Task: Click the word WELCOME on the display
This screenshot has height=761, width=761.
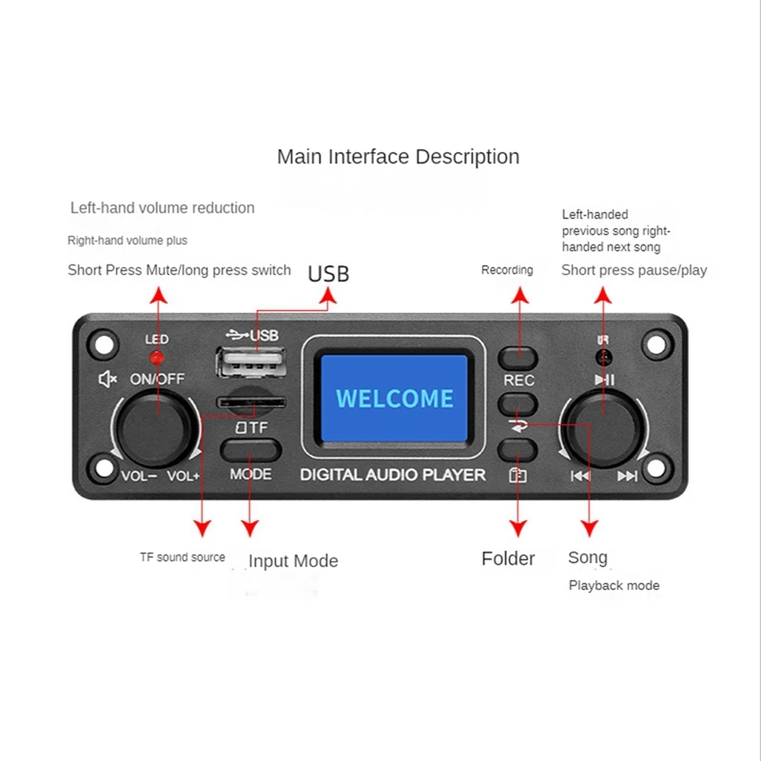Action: click(395, 398)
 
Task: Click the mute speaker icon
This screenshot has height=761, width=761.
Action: click(107, 379)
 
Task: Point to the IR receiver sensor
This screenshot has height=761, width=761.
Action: click(602, 358)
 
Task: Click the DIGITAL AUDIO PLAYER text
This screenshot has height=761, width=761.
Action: click(393, 474)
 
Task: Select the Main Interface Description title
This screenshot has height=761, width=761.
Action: click(398, 157)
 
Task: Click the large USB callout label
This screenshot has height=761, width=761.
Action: click(328, 274)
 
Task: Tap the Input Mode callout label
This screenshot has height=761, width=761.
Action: click(293, 561)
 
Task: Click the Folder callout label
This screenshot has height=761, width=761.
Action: click(508, 559)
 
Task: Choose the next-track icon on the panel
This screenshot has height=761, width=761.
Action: click(627, 476)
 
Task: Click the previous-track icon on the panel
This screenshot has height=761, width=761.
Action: click(579, 476)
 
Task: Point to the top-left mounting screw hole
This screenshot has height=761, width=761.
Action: click(105, 341)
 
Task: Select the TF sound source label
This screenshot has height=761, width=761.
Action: click(182, 557)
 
